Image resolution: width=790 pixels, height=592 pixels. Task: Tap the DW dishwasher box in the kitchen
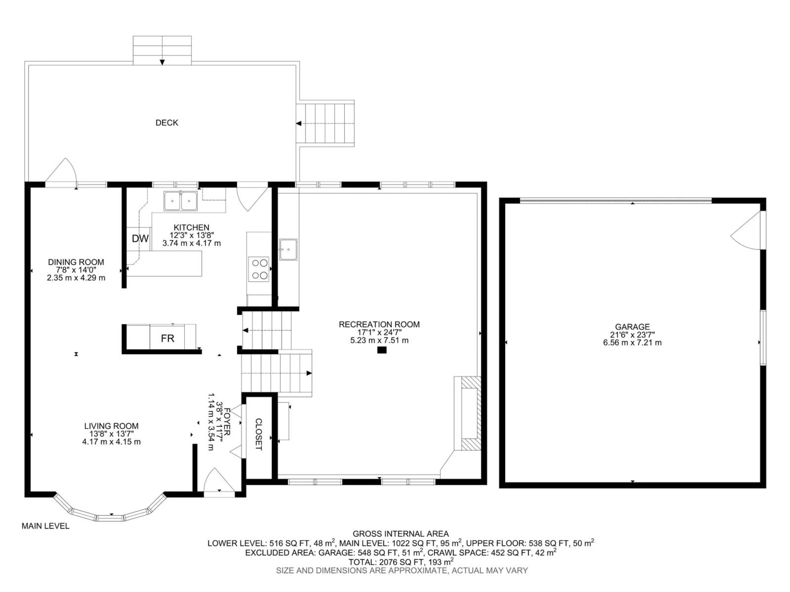140,239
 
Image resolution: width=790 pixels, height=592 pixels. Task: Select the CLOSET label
259,434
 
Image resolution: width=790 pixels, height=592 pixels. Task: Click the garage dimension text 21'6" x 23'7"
632,335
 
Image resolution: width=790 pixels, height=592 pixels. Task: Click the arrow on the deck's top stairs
162,62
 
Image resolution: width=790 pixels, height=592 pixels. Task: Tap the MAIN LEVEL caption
45,526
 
